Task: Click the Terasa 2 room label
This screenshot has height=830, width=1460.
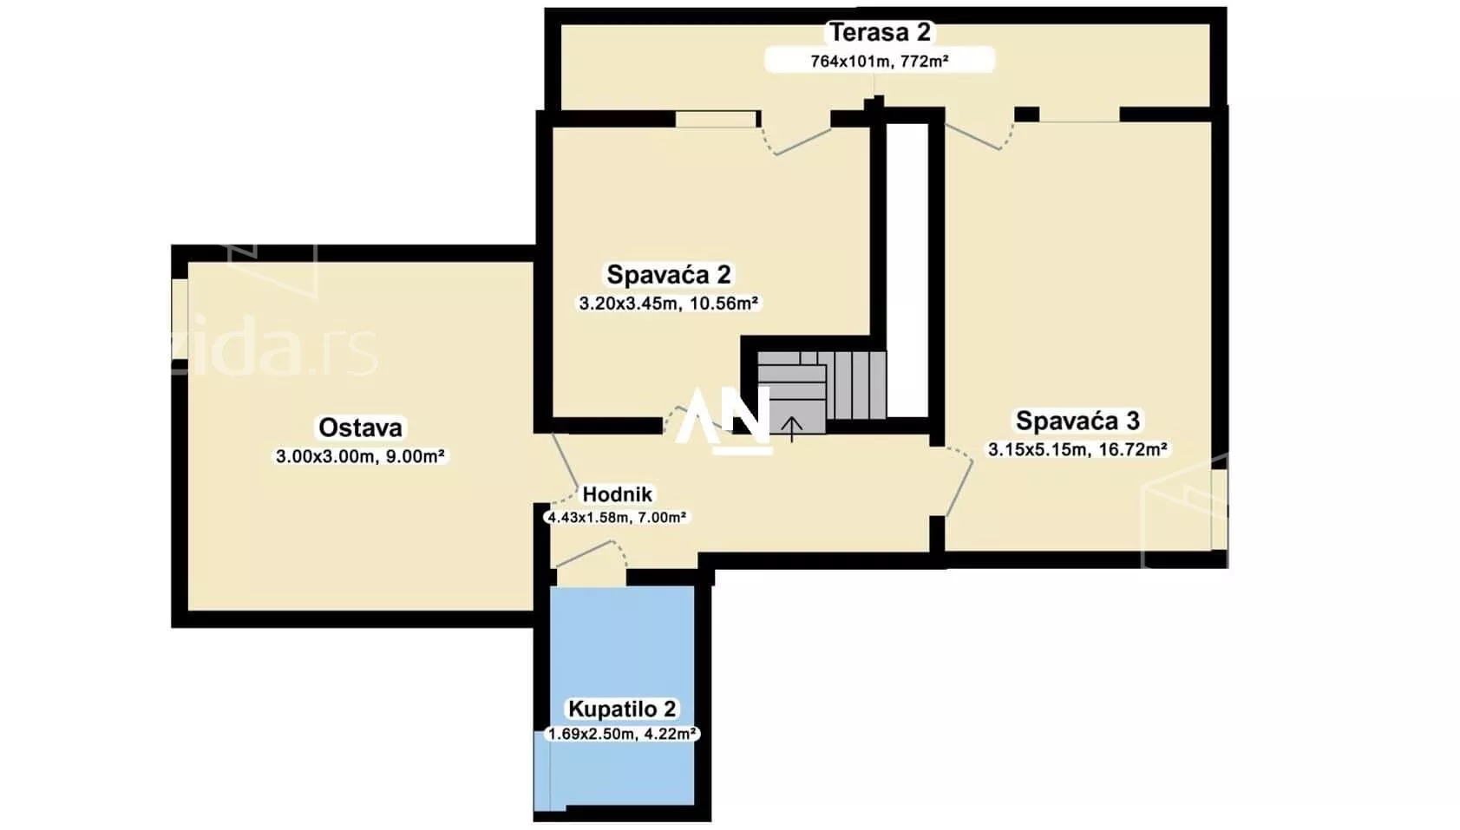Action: tap(880, 32)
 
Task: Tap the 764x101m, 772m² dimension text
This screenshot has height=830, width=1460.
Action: tap(880, 62)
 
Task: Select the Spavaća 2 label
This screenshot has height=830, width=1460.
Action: tap(669, 274)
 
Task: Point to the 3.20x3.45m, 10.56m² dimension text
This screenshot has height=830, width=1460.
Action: tap(669, 304)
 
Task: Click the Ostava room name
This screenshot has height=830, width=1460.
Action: tap(360, 428)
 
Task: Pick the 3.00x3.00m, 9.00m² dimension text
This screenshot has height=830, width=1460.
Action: tap(360, 456)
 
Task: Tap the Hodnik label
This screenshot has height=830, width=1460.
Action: tap(617, 494)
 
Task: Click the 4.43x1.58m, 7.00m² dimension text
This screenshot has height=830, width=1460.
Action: tap(617, 518)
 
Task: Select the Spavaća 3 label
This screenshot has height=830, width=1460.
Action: tap(1078, 421)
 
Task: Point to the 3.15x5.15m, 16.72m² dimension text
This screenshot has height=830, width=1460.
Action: tap(1078, 449)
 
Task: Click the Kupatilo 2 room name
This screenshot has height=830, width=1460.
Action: tap(623, 709)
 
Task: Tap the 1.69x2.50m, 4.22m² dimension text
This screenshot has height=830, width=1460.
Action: tap(623, 735)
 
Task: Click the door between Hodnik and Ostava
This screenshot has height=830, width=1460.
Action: tap(565, 467)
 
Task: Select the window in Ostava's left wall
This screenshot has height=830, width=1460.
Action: tap(180, 318)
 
